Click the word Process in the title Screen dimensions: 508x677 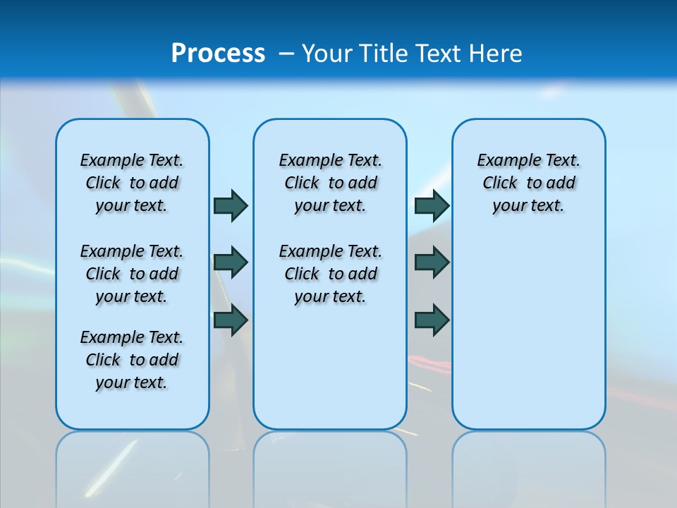click(218, 54)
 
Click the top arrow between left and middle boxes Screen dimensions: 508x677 click(231, 205)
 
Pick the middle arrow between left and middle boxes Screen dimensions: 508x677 click(231, 262)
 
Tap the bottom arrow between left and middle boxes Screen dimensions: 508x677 click(231, 320)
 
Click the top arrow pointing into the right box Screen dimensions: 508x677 click(432, 205)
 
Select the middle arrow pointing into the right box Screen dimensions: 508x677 click(432, 262)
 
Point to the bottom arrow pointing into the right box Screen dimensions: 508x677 click(432, 320)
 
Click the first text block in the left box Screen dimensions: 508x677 click(132, 183)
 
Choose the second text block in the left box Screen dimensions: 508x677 click(132, 274)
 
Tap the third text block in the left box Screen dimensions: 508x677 click(132, 360)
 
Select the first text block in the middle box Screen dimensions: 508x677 click(330, 183)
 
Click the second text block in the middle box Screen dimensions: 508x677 click(330, 274)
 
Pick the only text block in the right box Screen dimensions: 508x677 click(528, 183)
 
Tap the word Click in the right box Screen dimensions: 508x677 click(500, 183)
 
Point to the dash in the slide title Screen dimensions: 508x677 click(286, 54)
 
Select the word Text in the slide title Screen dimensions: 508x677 click(441, 54)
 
